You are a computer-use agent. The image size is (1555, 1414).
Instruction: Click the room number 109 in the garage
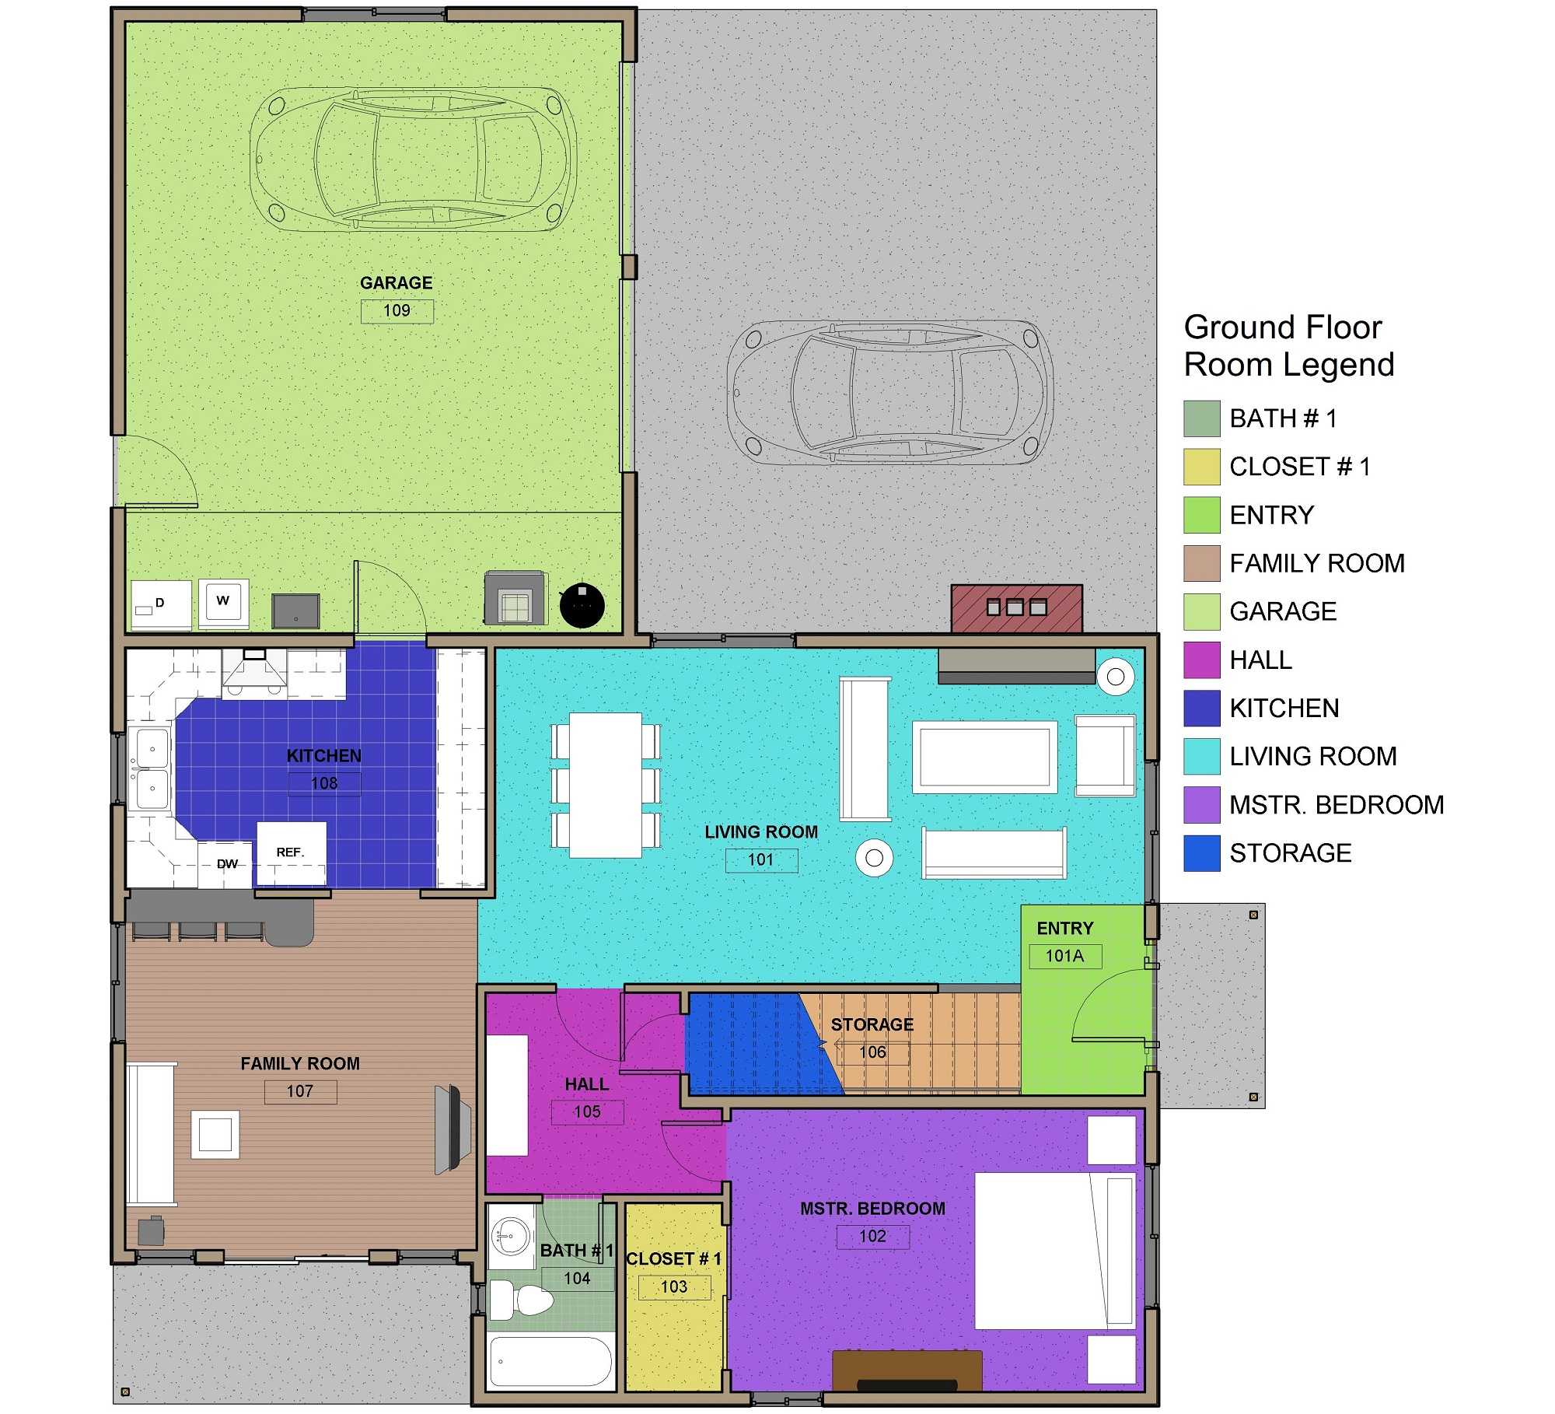[x=397, y=310]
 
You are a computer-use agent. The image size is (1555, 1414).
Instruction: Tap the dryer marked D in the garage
[x=161, y=604]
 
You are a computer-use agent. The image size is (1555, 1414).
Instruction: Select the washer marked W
[x=223, y=602]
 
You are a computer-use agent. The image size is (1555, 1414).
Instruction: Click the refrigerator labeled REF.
[x=291, y=852]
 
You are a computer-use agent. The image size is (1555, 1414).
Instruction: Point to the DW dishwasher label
[x=227, y=864]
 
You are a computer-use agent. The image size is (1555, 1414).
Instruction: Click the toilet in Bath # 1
[x=522, y=1300]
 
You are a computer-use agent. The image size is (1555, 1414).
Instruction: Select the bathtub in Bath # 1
[x=551, y=1361]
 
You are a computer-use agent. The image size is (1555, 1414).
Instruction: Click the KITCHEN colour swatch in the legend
[x=1201, y=708]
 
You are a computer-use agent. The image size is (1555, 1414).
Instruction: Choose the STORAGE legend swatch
[x=1201, y=852]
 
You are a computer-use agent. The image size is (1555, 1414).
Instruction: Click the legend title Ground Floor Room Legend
[x=1288, y=345]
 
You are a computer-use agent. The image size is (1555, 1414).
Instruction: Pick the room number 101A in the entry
[x=1064, y=956]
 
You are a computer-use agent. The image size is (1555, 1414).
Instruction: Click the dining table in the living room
[x=606, y=786]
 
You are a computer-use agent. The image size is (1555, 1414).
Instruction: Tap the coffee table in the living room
[x=984, y=757]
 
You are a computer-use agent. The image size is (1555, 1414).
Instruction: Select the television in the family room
[x=452, y=1129]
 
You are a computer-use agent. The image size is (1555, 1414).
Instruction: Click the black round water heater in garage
[x=582, y=605]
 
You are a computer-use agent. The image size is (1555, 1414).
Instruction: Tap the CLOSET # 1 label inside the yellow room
[x=673, y=1258]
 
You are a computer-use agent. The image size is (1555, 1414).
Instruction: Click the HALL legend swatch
[x=1201, y=660]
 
